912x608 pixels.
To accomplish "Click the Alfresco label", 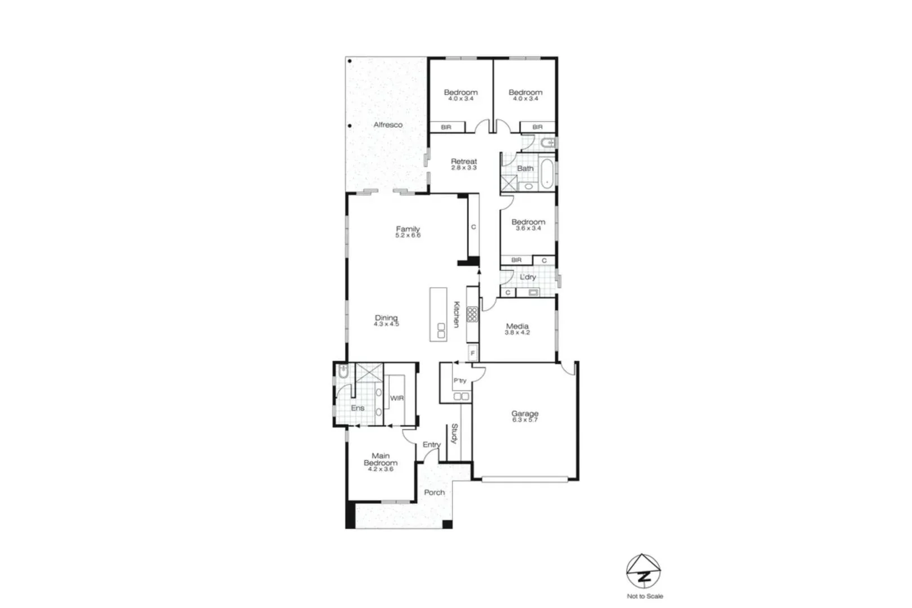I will point(388,124).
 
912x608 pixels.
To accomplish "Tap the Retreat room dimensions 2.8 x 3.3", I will point(463,168).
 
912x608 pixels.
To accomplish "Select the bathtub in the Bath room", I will point(546,173).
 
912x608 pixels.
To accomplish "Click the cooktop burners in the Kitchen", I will point(472,315).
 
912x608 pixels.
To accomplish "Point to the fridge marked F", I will point(472,353).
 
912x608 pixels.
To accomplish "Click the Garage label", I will point(525,413).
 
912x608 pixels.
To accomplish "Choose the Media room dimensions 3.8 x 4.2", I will point(517,333).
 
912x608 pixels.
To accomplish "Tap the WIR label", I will point(397,398).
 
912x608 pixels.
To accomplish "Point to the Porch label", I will point(434,492).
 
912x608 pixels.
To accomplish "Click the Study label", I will point(454,433).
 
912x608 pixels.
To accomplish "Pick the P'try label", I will point(460,381).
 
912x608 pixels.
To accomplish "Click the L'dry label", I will point(527,277).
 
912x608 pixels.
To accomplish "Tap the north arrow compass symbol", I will point(643,572).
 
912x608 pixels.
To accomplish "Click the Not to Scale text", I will point(645,596).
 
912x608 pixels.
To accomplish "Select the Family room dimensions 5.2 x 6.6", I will point(408,235).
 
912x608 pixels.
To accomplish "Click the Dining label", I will point(386,318).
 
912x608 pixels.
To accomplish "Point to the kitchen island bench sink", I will point(441,330).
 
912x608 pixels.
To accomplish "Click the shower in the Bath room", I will point(509,184).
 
